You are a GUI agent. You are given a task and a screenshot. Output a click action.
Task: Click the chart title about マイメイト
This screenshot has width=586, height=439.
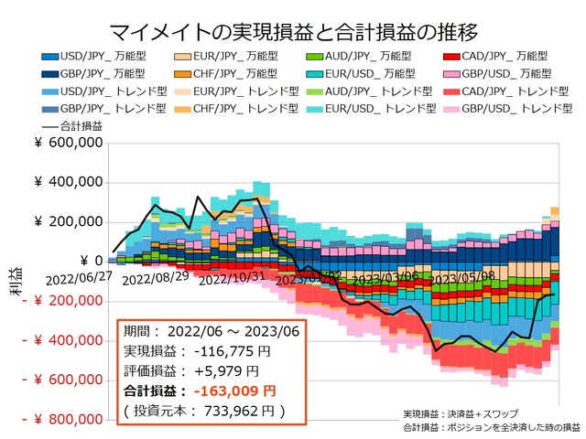point(293,33)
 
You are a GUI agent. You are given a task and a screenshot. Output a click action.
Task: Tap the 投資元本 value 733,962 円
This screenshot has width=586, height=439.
point(240,412)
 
